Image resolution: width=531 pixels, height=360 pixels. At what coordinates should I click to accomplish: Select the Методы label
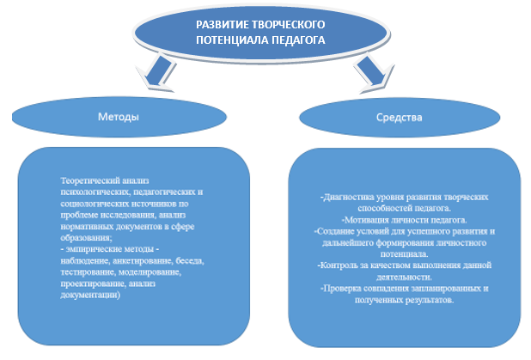(119, 117)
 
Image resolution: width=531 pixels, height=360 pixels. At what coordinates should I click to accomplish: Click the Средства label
(400, 118)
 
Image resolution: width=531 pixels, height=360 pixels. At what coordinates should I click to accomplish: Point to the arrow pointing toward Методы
(157, 74)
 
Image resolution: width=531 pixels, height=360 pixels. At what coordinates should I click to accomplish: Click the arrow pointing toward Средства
(373, 74)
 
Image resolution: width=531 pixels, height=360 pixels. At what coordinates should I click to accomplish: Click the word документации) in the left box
(90, 295)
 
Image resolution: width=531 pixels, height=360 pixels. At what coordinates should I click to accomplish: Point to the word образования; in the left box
(87, 238)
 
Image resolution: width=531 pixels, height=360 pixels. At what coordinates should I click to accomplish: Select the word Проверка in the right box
(340, 288)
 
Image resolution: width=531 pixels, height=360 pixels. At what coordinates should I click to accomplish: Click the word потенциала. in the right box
(405, 254)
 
